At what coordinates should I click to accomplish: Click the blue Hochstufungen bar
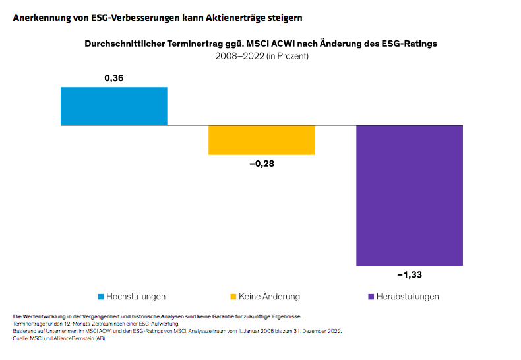(113, 106)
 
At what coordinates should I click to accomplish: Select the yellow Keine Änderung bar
(261, 140)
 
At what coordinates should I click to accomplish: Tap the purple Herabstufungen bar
(410, 195)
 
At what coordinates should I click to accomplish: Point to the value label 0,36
(113, 78)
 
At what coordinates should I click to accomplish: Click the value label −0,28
(261, 164)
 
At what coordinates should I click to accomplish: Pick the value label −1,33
(410, 275)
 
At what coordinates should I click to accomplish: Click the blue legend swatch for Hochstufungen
(100, 297)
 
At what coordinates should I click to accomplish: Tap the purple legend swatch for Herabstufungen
(371, 297)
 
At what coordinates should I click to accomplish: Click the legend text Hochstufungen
(136, 297)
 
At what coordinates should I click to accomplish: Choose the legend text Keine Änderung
(270, 297)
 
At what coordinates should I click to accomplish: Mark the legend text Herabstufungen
(408, 297)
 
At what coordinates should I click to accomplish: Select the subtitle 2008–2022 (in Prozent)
(261, 56)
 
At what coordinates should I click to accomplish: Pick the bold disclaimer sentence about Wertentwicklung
(157, 317)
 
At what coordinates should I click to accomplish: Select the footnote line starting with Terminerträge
(96, 324)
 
